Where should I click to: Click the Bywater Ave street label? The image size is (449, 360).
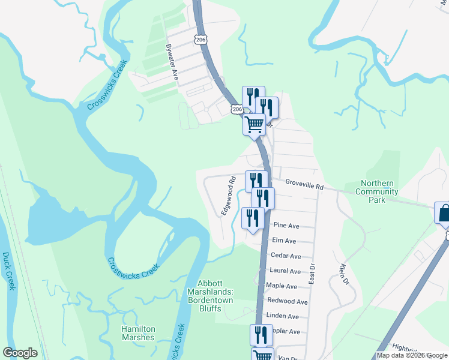[x=172, y=62]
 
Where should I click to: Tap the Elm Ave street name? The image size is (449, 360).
[x=284, y=241]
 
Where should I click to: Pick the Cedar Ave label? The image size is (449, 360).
[x=285, y=256]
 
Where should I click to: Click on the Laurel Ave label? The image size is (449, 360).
[x=285, y=271]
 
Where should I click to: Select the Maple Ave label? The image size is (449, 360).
[x=282, y=286]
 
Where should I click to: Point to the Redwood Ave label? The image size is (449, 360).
[x=287, y=301]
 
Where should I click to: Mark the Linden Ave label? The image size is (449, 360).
[x=283, y=316]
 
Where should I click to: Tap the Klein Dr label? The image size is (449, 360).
[x=344, y=273]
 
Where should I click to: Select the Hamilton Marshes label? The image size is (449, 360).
[x=138, y=333]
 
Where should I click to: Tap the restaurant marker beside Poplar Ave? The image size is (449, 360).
[x=261, y=335]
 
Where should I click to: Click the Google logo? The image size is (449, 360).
[x=20, y=353]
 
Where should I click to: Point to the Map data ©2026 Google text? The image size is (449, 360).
[x=412, y=355]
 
